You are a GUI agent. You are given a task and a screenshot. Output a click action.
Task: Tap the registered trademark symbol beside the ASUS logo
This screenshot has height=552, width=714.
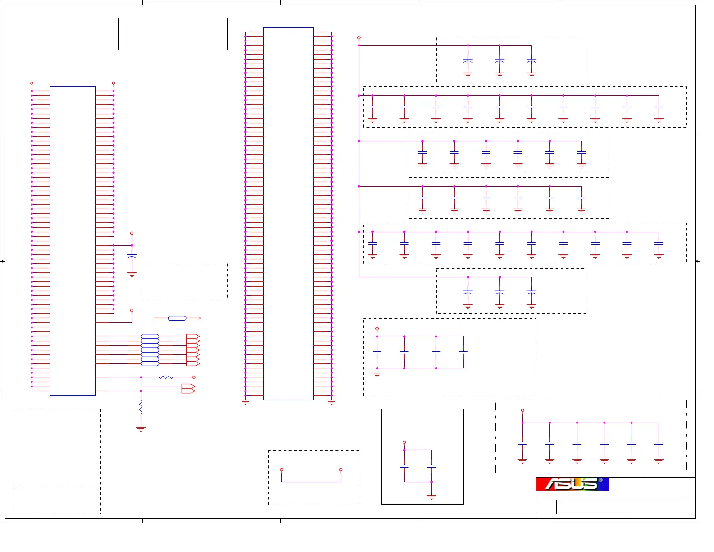tap(600, 480)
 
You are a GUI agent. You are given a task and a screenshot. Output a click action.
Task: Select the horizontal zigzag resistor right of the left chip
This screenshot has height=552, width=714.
tap(165, 377)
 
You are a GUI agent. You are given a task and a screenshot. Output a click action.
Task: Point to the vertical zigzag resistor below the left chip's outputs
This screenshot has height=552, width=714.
tap(141, 407)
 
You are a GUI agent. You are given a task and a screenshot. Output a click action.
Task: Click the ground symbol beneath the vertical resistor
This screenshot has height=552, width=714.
tap(141, 429)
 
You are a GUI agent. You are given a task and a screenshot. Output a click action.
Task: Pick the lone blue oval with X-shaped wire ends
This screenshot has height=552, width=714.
tap(177, 318)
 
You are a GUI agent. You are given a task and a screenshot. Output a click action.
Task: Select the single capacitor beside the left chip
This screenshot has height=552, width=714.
tap(132, 256)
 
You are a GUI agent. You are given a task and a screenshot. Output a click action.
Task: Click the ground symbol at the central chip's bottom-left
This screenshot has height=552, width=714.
tap(245, 401)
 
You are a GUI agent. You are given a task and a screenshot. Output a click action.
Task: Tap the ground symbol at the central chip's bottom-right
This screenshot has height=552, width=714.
tap(332, 401)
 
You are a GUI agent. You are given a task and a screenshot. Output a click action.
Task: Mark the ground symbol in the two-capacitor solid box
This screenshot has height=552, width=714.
tap(431, 497)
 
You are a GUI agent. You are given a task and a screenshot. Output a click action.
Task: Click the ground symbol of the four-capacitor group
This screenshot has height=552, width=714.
tap(377, 374)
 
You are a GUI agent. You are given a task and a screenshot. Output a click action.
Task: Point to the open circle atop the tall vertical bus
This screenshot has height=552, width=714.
tap(359, 38)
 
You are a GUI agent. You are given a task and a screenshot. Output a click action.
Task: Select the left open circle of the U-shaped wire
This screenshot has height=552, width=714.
tap(282, 469)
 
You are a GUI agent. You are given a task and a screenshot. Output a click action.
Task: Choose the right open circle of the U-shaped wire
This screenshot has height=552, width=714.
tap(341, 469)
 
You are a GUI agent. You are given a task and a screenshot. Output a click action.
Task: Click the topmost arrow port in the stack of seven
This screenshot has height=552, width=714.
tap(193, 336)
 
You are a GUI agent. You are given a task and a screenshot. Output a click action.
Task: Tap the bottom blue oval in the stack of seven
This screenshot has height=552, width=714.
tap(150, 363)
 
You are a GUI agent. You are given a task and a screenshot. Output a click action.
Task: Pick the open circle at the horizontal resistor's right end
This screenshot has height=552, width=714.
tap(194, 377)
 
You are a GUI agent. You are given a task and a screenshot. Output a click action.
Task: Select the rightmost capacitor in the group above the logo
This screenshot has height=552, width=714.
tap(659, 443)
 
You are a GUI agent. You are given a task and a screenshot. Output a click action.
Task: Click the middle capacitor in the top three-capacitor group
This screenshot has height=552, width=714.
tap(499, 60)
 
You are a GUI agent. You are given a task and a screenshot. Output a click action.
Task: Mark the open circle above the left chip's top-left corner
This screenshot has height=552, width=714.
tap(32, 83)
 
